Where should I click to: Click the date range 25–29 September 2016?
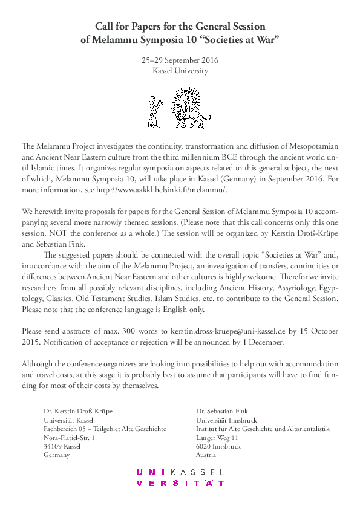click(x=180, y=60)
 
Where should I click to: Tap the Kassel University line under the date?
click(x=180, y=70)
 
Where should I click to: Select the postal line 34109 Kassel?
click(x=62, y=446)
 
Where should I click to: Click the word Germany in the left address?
click(x=57, y=455)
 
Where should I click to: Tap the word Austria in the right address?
click(x=207, y=455)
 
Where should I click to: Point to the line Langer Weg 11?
click(x=217, y=438)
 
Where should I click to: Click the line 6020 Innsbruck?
click(x=218, y=446)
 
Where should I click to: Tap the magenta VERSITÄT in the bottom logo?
click(x=180, y=483)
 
